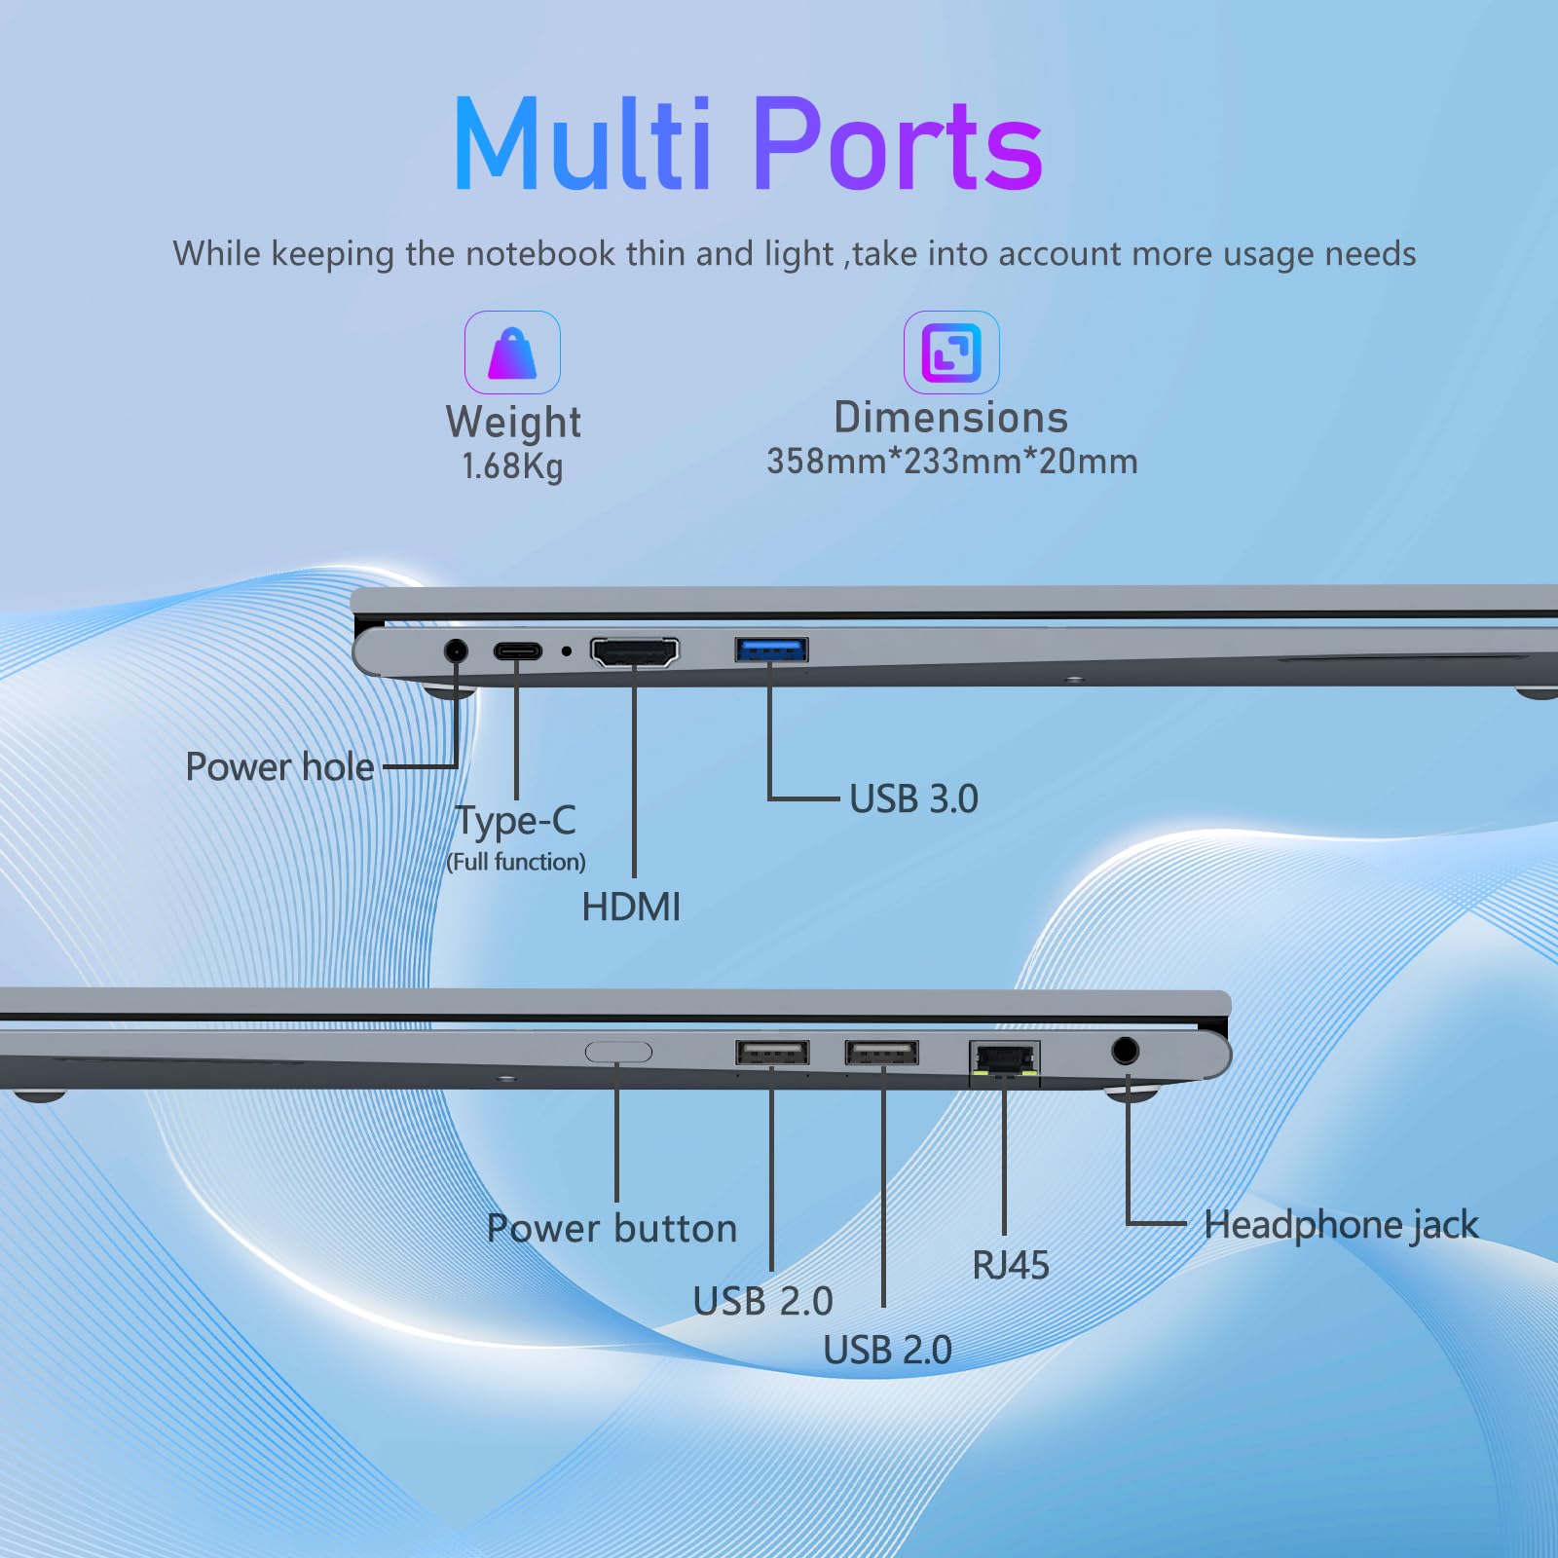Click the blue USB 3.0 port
tap(771, 649)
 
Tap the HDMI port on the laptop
tap(635, 651)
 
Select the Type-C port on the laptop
tap(517, 650)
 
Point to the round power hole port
tap(455, 650)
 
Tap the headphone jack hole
tap(1125, 1051)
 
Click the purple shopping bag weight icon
tap(512, 352)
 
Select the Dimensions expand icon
tap(951, 352)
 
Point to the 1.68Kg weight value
tap(512, 466)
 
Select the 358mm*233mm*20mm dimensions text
tap(952, 461)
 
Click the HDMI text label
tap(631, 907)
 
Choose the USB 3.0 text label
tap(913, 798)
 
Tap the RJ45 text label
tap(1011, 1265)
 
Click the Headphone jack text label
tap(1341, 1225)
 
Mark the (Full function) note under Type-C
tap(516, 862)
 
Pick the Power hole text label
tap(279, 766)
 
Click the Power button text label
tap(612, 1228)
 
